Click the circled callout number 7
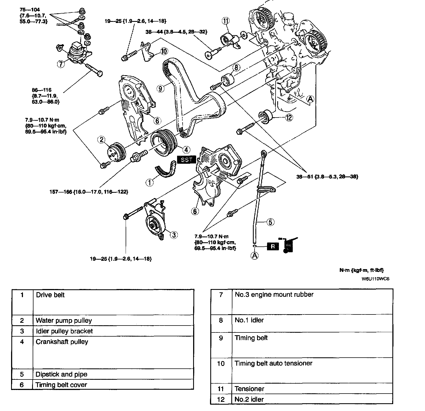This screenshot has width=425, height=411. [61, 64]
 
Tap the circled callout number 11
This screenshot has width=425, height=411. [226, 21]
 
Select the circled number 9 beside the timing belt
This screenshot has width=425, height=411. [160, 88]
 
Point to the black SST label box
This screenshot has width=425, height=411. [186, 160]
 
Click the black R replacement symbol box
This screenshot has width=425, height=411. [273, 246]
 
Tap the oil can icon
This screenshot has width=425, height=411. [289, 245]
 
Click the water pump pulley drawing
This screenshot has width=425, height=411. [116, 153]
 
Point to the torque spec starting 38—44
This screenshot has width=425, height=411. [177, 32]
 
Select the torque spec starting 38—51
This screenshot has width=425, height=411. [327, 176]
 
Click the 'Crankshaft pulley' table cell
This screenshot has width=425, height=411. [62, 342]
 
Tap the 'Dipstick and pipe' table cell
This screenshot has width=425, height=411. [61, 374]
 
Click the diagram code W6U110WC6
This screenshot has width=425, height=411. [375, 279]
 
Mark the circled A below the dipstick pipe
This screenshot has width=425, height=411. [255, 256]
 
